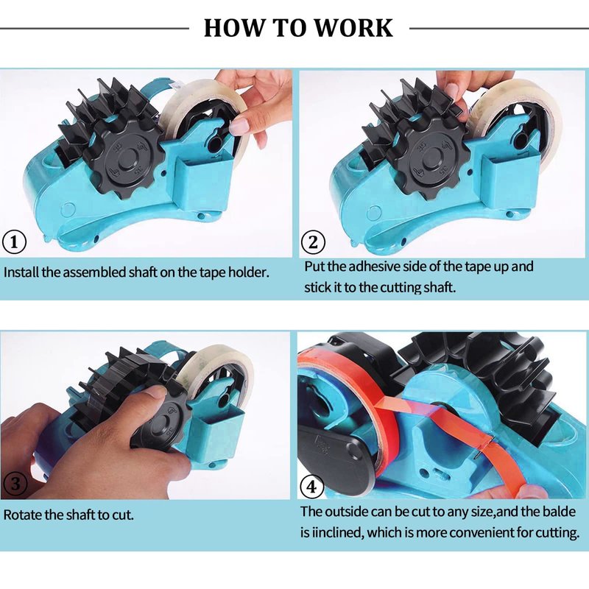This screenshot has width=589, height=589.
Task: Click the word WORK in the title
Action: [x=353, y=27]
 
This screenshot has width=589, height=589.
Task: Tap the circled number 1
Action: [x=15, y=242]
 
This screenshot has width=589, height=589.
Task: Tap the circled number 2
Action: [x=313, y=242]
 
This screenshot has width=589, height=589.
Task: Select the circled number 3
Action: [x=15, y=484]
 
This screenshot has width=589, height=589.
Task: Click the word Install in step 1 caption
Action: [x=21, y=272]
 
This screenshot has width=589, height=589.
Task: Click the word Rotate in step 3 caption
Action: [x=23, y=514]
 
